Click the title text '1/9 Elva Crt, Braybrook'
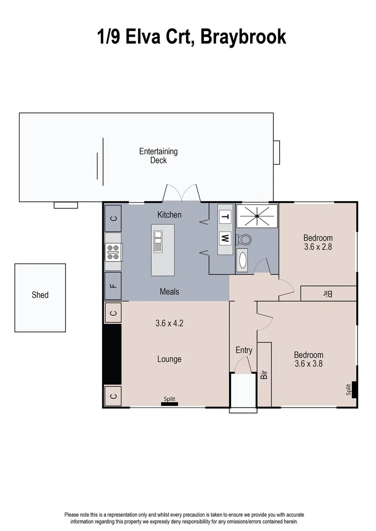coord(191,36)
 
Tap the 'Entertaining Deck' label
coord(158,156)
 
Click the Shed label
coord(40,295)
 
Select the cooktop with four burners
coord(113,252)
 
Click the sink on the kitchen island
coord(158,241)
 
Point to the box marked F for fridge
coord(114,286)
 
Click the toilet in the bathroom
coord(244,239)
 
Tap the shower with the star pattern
coord(257,216)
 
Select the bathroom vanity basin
coord(243,260)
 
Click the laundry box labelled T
coord(225,216)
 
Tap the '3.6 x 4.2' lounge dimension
coord(169,324)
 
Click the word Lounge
coord(169,359)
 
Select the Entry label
coord(244,350)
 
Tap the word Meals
coord(169,292)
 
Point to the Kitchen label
coord(169,215)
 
